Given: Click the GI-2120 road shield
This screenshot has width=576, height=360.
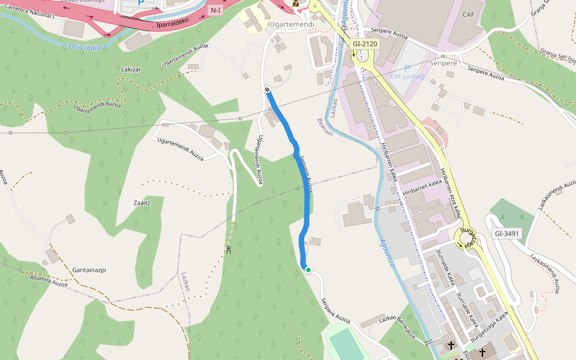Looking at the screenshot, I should click(364, 44).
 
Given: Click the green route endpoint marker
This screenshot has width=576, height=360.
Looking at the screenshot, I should click(308, 270).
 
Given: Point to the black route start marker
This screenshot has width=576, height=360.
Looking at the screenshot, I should click(267, 89).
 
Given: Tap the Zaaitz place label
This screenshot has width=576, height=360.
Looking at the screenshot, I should click(142, 203).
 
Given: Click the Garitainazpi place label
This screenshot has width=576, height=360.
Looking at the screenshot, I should click(89, 270).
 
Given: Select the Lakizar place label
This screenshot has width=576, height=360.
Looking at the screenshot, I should click(131, 70).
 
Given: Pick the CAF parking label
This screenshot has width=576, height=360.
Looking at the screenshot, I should click(407, 76).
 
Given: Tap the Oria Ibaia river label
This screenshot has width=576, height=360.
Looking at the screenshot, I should click(84, 46).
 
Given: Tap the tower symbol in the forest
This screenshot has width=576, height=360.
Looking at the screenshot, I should click(229, 249).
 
